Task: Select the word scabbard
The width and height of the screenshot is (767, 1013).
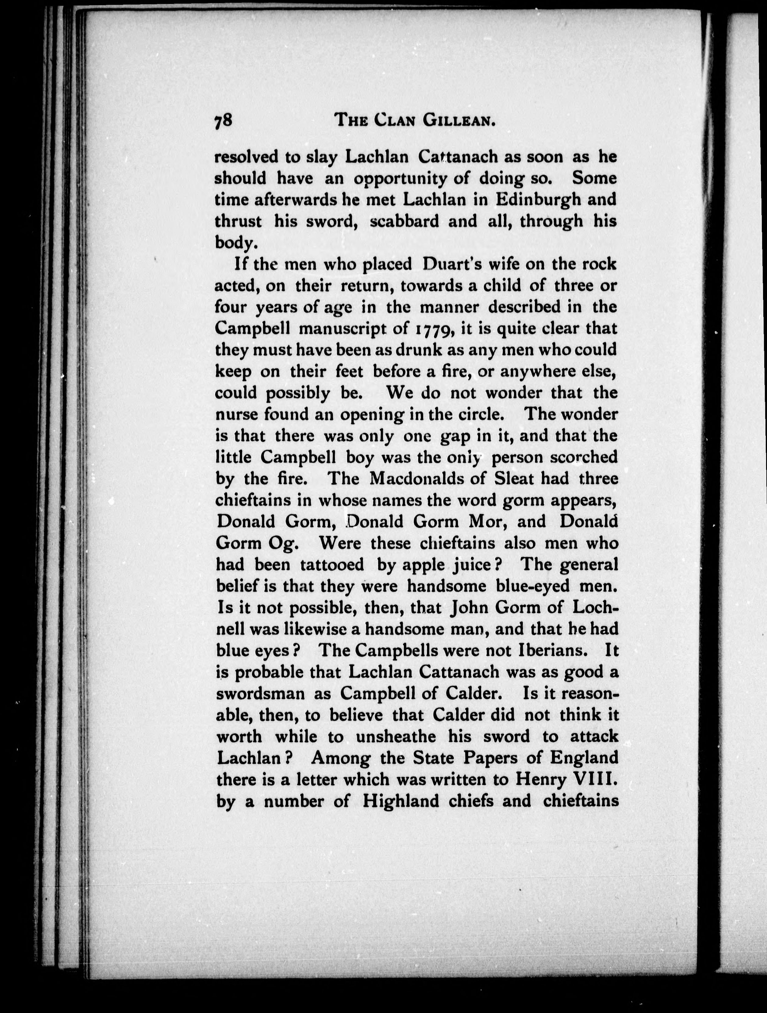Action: [x=403, y=221]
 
